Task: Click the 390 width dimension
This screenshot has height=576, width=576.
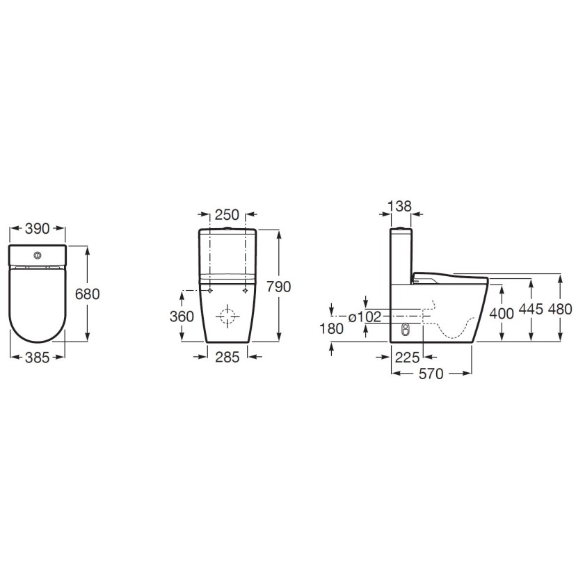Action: coord(38,228)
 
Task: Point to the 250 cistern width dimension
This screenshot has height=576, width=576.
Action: coord(226,215)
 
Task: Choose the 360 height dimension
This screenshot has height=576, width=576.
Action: coord(182,317)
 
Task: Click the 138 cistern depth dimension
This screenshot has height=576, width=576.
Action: coord(400,206)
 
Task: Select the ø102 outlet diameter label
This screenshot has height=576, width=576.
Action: coord(365,317)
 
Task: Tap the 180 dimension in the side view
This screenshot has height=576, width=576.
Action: coord(331,329)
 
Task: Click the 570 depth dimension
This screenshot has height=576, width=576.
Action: coord(431,374)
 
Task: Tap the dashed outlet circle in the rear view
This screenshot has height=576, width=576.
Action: coord(227,317)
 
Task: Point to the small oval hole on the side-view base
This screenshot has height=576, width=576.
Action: coord(406,331)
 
